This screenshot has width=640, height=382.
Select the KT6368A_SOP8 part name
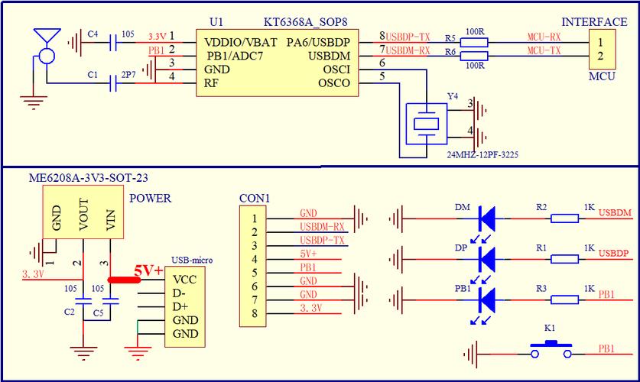(x=301, y=22)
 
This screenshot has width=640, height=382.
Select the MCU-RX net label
(x=544, y=37)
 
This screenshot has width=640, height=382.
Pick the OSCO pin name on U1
(x=335, y=82)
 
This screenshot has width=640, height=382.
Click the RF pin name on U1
(x=212, y=83)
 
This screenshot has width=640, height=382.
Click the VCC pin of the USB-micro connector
(x=184, y=280)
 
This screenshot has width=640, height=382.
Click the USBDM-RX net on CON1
(x=322, y=227)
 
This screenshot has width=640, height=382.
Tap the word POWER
(x=150, y=199)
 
